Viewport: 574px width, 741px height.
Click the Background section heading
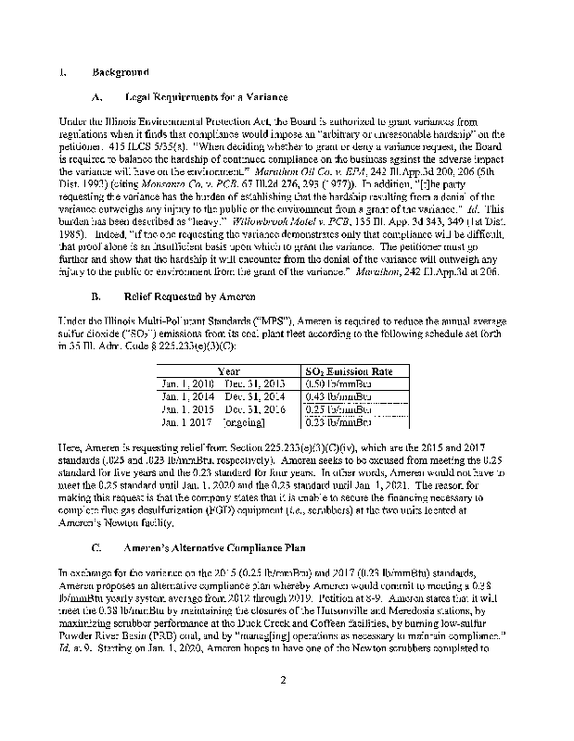120,71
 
